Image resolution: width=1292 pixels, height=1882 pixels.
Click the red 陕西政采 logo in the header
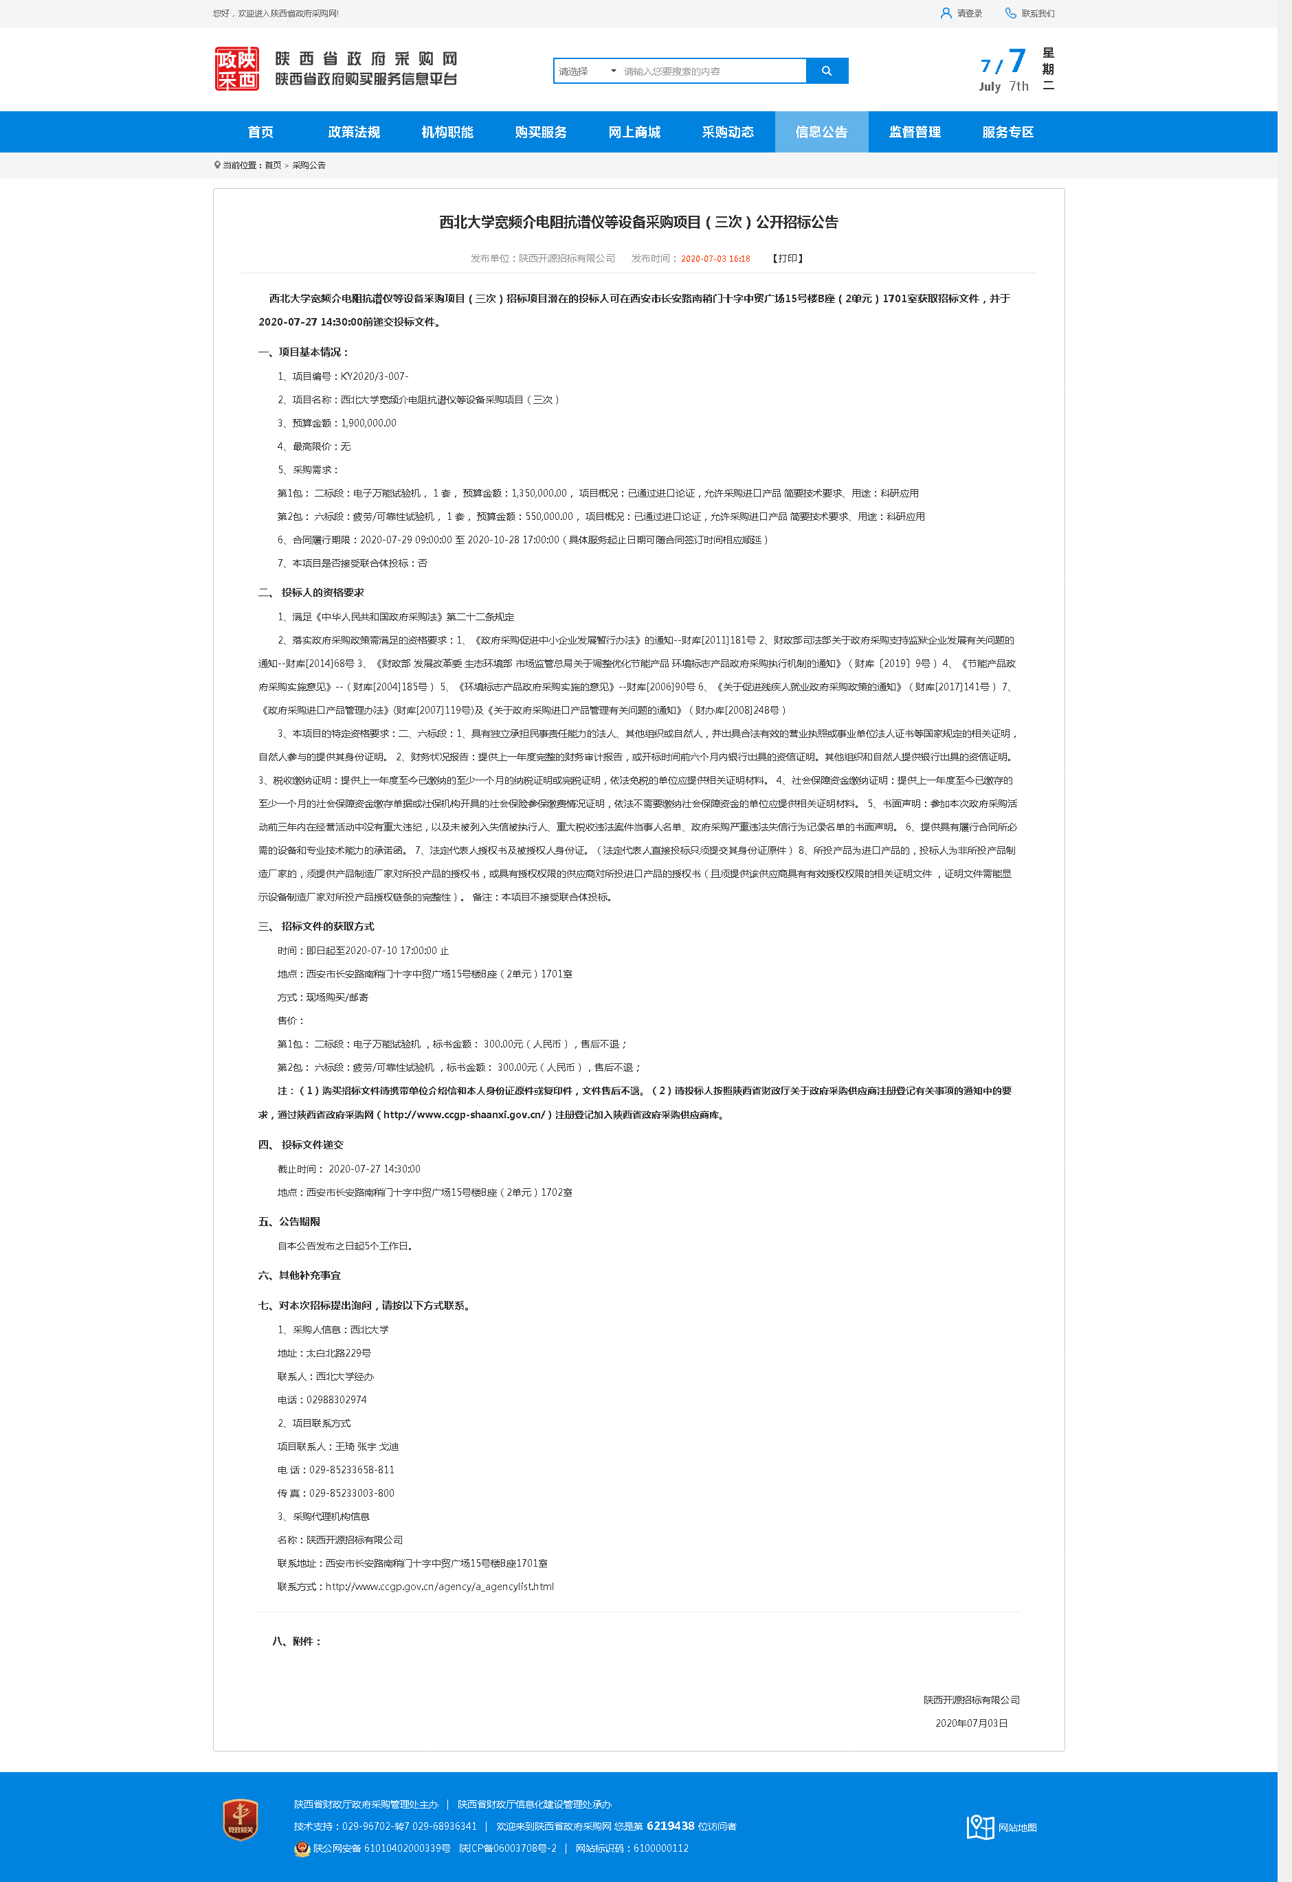(x=236, y=69)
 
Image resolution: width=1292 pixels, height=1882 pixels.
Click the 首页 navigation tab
(x=260, y=132)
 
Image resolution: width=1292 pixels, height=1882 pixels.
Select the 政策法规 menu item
(x=353, y=132)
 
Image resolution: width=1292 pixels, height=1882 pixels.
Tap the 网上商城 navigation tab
(x=634, y=132)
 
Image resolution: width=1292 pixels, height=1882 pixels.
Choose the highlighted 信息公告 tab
(x=821, y=132)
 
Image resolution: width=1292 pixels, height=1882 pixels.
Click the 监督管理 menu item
(x=915, y=132)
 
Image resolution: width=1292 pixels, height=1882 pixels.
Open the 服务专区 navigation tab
(x=1007, y=132)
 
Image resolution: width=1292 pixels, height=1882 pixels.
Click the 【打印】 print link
(x=788, y=258)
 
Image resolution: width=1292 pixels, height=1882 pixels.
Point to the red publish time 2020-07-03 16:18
(x=715, y=259)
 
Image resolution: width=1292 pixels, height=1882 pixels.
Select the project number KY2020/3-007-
(x=375, y=376)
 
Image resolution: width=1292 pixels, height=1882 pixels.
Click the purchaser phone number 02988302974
(x=336, y=1400)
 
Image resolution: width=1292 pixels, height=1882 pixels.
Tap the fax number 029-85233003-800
(x=352, y=1493)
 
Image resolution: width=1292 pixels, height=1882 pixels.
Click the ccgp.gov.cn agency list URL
(x=439, y=1587)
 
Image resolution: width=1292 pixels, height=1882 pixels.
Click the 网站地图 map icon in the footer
(x=980, y=1827)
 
